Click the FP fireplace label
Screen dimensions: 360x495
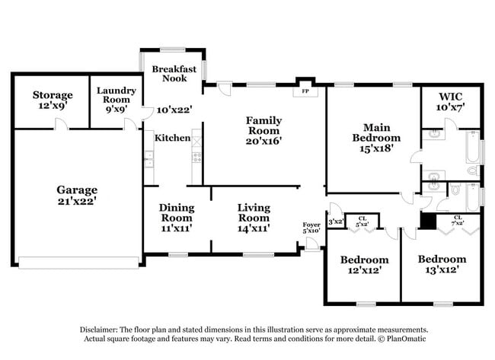305,91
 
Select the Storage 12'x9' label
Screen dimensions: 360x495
53,100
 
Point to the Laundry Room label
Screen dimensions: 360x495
117,100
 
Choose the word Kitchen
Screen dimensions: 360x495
172,138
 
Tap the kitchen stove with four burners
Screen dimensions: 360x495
196,158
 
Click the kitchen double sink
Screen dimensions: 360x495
148,158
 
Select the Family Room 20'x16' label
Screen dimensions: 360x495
263,130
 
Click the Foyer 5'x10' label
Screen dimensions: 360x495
310,228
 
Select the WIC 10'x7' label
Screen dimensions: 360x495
450,103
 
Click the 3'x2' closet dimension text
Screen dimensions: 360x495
336,222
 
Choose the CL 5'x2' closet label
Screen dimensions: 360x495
362,221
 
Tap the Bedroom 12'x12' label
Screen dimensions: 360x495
363,265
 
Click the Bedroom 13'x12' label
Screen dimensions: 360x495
442,264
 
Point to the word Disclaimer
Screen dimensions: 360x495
101,330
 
